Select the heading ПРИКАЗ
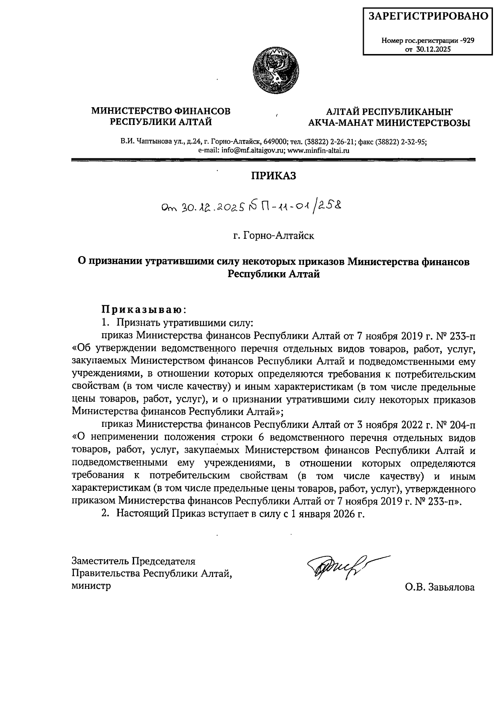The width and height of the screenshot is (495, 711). coord(274,176)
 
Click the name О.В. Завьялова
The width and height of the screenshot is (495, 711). coord(440,587)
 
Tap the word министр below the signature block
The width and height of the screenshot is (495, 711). coord(91,586)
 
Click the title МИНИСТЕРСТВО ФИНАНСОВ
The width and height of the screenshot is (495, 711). coord(161,111)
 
